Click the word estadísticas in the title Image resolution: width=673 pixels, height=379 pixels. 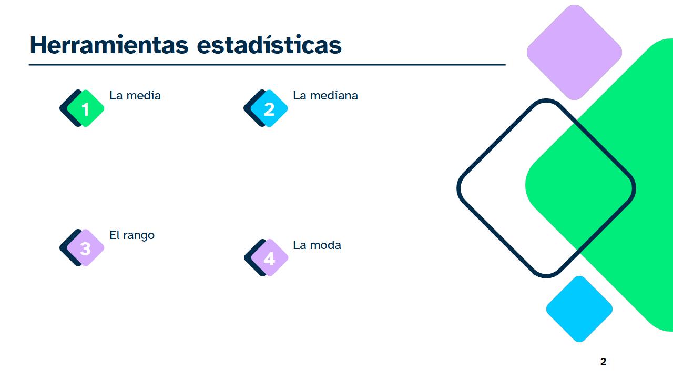[269, 45]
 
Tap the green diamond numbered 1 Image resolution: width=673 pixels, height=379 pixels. [85, 109]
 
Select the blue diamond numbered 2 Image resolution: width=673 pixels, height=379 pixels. [269, 109]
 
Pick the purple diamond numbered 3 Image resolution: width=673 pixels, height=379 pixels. [85, 248]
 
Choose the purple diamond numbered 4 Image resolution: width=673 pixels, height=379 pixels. [269, 258]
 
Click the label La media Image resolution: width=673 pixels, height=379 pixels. [135, 96]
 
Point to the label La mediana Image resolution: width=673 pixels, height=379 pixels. [325, 96]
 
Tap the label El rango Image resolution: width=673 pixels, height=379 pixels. [132, 235]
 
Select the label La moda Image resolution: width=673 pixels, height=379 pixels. [317, 245]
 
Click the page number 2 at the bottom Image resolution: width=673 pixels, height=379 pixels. [603, 362]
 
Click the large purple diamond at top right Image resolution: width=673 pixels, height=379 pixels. [574, 52]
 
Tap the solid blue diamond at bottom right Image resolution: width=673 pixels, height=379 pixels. [579, 309]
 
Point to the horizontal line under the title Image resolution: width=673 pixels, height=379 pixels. [267, 65]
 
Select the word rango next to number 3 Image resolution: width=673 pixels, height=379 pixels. [139, 236]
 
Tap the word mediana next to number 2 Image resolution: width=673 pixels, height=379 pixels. [334, 96]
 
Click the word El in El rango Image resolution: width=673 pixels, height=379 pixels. [115, 235]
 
